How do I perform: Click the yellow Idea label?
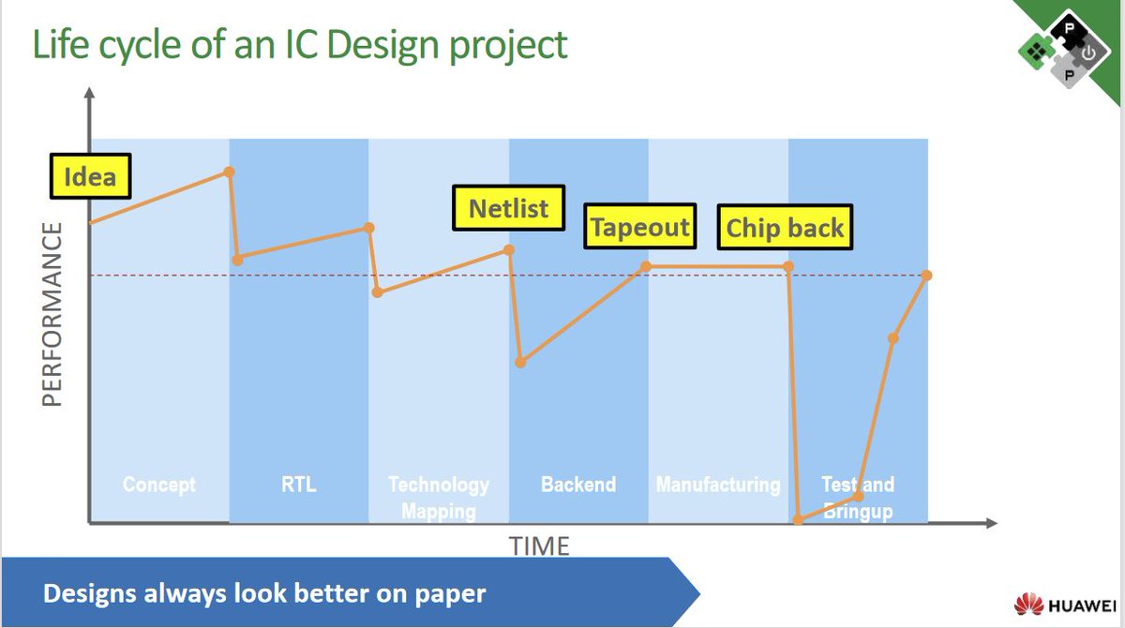(x=90, y=176)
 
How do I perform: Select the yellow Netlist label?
(x=508, y=207)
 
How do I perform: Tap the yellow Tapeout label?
(x=640, y=226)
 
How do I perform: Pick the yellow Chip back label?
(x=785, y=227)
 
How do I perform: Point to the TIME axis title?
(x=539, y=545)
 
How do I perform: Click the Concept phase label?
(x=159, y=485)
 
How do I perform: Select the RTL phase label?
(x=299, y=485)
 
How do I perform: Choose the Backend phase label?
(x=578, y=485)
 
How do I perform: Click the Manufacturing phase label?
(x=718, y=485)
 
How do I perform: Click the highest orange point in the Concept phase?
(x=229, y=172)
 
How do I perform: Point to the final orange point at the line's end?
(x=926, y=275)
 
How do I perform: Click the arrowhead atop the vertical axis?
(x=89, y=94)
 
